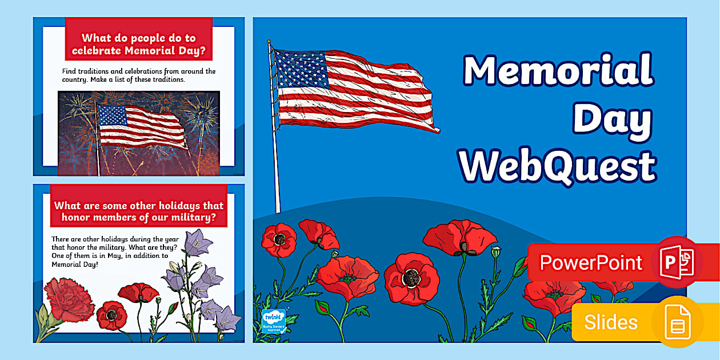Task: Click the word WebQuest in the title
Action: (558, 166)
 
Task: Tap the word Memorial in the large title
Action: (558, 71)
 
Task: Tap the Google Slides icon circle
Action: (678, 323)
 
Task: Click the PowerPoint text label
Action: (591, 263)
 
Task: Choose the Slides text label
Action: (610, 322)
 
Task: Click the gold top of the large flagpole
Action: (269, 42)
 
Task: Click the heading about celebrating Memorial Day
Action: (139, 46)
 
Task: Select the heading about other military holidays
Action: (139, 211)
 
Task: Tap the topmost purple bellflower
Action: (197, 241)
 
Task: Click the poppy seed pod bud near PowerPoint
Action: (496, 251)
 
